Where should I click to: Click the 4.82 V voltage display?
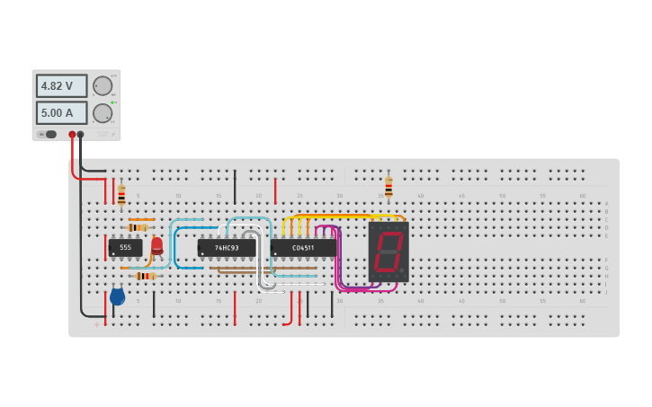(x=61, y=86)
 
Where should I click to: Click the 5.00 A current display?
(x=61, y=113)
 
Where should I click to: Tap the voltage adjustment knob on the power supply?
(x=103, y=86)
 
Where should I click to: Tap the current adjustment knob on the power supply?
(x=103, y=113)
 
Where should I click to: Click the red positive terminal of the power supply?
(x=73, y=135)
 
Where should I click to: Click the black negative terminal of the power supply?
(x=81, y=135)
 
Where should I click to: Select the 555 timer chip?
(x=125, y=247)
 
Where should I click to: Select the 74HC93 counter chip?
(x=227, y=247)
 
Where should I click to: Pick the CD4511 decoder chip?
(x=303, y=247)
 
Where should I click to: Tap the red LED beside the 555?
(x=157, y=245)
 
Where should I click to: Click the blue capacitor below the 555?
(x=117, y=296)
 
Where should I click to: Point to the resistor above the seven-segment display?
(x=389, y=187)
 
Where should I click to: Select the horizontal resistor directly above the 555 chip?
(x=138, y=227)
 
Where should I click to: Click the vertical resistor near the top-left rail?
(x=121, y=195)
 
